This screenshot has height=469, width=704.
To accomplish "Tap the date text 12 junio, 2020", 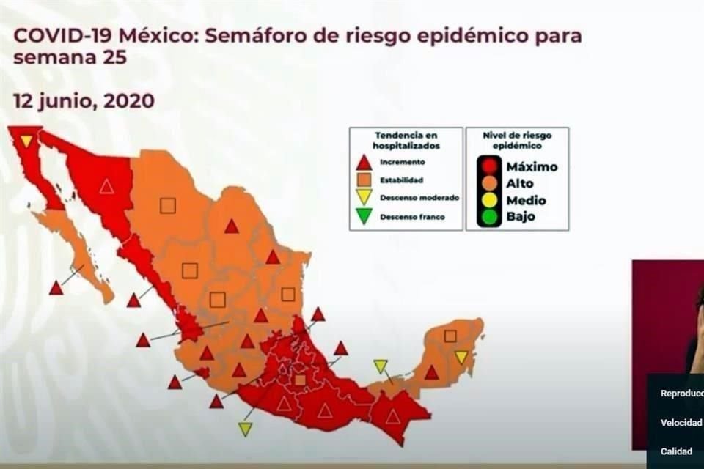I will point(84,101).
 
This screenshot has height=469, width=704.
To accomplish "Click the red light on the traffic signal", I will point(489,166).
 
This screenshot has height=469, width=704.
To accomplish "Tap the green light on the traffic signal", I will point(489,217).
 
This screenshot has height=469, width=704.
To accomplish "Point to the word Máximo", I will point(532,166).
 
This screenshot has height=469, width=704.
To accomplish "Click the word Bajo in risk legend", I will point(521,217).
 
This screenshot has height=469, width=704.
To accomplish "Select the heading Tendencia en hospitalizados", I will point(405,141).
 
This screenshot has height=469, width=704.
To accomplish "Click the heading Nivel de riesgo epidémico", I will point(517,141).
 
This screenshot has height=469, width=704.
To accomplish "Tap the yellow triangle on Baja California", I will point(26,140).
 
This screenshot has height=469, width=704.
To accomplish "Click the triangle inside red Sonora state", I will point(107,186).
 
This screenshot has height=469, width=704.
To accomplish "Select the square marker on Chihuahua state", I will point(168,206).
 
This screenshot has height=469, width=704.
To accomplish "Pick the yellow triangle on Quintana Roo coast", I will point(461,357).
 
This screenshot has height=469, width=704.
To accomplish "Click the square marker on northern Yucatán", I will point(450,336).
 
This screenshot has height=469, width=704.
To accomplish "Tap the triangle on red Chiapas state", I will point(393,416).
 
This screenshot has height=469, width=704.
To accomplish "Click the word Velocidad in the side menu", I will point(681,422).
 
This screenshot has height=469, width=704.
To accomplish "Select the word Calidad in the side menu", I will point(676,451).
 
